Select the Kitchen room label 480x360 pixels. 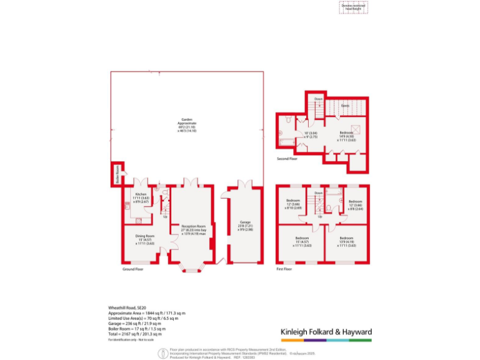tap(141, 198)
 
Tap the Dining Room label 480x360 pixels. tap(144, 239)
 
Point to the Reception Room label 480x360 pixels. tap(193, 229)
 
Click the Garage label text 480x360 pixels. tap(245, 225)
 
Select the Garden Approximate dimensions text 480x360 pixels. tap(187, 125)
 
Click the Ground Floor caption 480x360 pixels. tap(132, 269)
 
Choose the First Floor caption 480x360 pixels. tap(284, 269)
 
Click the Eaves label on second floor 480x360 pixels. tap(344, 106)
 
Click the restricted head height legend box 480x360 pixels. tap(354, 7)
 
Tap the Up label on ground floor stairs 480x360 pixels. tap(165, 217)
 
